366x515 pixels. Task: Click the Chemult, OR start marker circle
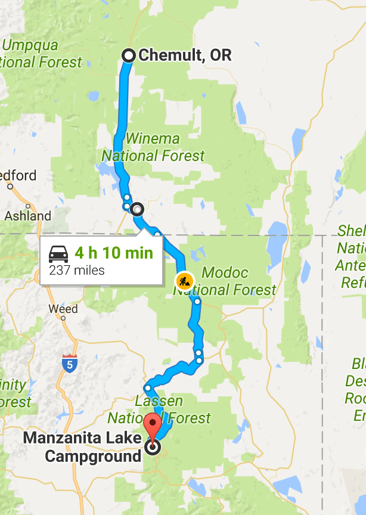[x=128, y=55]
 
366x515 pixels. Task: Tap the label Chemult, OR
[x=184, y=55]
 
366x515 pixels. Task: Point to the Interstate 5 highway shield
[x=69, y=363]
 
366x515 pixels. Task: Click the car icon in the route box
[x=58, y=253]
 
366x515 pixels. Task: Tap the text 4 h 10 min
[x=114, y=253]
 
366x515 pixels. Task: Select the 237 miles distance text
[x=76, y=270]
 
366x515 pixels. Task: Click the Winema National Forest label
[x=153, y=147]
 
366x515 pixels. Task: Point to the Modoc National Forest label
[x=225, y=281]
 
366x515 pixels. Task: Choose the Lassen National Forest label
[x=159, y=409]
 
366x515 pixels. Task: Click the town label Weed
[x=64, y=309]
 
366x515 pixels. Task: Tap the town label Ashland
[x=28, y=216]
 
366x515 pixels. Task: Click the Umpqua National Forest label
[x=42, y=54]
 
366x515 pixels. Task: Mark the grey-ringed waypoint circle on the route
[x=138, y=209]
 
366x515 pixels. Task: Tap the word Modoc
[x=225, y=273]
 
